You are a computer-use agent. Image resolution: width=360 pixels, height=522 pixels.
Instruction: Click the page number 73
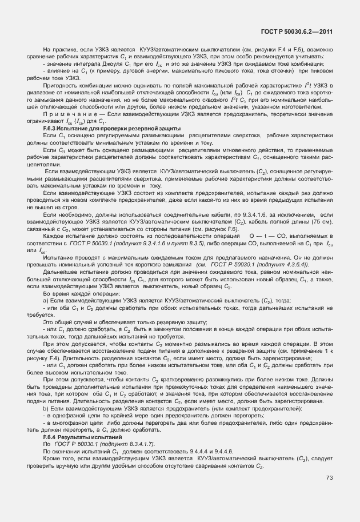[329, 494]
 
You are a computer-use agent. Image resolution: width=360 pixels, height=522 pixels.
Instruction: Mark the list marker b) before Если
[46, 409]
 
